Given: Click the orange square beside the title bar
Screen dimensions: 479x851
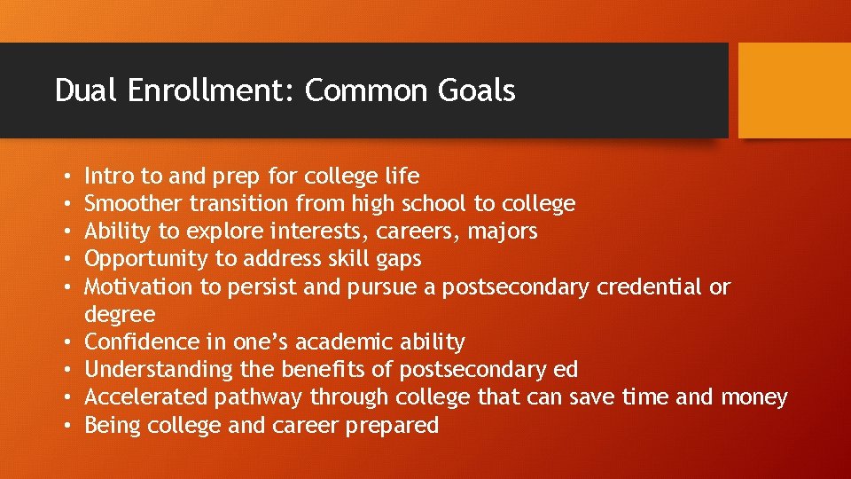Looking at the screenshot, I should point(793,90).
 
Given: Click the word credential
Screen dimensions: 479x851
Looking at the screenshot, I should point(650,287).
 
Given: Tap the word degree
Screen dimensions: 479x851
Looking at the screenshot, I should point(120,315).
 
